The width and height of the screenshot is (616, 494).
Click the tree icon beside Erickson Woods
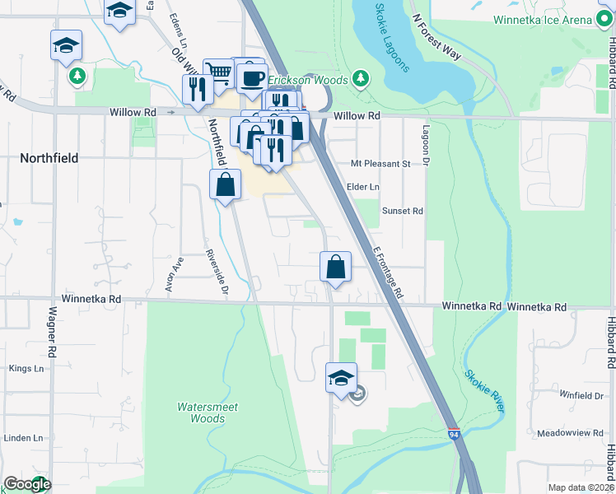(360, 79)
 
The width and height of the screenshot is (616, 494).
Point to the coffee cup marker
(252, 79)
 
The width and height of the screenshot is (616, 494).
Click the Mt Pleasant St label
(380, 164)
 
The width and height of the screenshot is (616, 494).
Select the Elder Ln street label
(362, 188)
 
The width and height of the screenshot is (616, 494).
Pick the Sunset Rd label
(402, 211)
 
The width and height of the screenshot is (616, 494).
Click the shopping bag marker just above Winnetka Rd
(335, 267)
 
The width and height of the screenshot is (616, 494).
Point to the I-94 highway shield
(454, 432)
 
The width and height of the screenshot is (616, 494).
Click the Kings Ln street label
(26, 368)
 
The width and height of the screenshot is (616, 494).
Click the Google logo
(27, 484)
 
